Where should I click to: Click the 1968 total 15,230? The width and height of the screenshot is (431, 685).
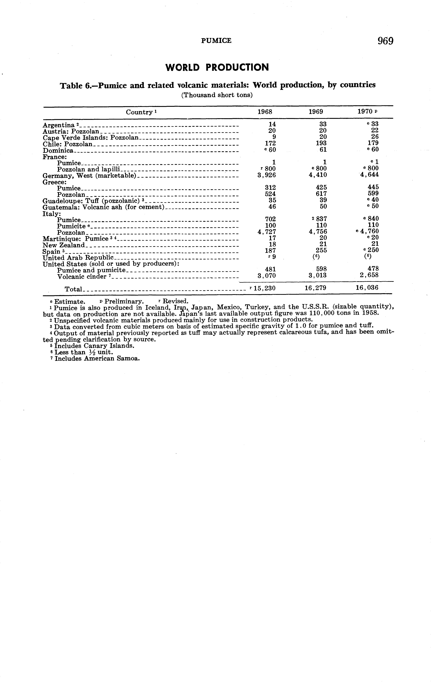click(x=265, y=288)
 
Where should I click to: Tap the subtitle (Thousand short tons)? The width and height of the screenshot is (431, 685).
click(x=217, y=95)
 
